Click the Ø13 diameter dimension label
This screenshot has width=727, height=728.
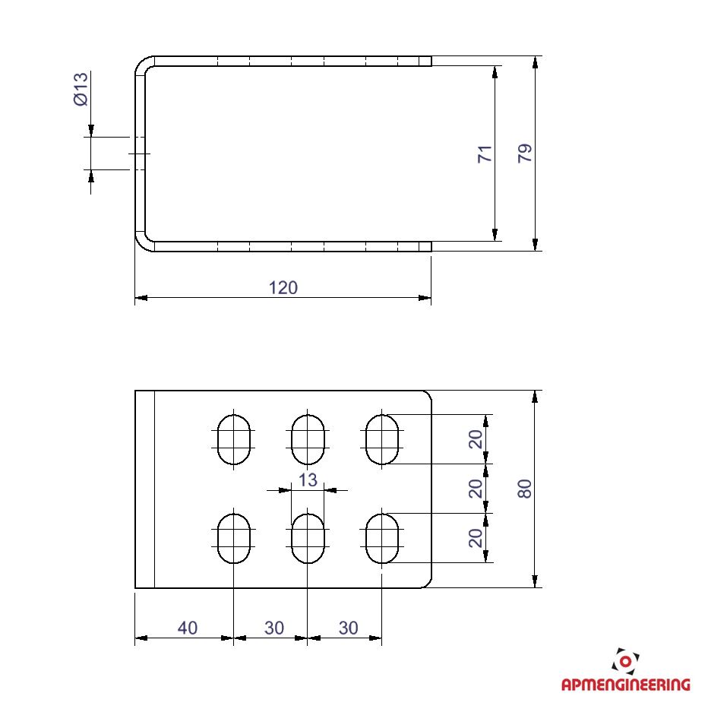81,89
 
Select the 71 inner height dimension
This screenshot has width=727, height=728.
485,154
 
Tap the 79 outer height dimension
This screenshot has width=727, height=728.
525,154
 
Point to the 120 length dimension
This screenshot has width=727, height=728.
283,288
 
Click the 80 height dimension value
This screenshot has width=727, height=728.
525,489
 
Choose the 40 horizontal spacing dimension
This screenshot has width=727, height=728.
188,628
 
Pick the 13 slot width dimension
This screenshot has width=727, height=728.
308,480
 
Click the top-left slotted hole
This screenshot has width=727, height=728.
234,439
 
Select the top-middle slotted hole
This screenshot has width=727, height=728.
308,439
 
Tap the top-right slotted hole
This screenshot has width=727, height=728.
382,439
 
